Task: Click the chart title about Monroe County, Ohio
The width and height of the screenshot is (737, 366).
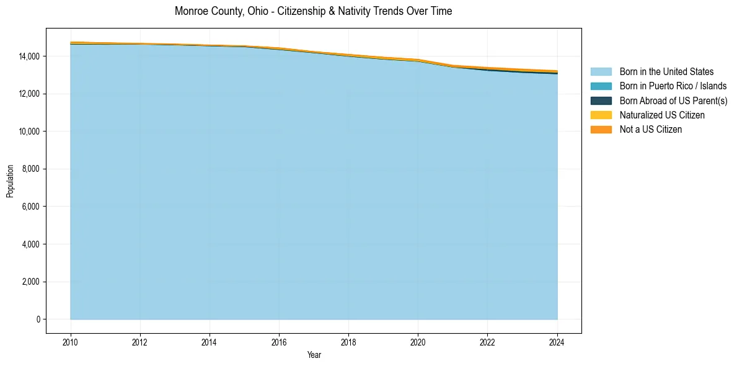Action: click(x=313, y=11)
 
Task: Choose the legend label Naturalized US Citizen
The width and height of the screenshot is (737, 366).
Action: click(x=662, y=115)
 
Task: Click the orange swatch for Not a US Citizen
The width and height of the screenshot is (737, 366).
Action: click(x=601, y=130)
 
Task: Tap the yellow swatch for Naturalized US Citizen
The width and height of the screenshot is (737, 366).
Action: click(x=601, y=115)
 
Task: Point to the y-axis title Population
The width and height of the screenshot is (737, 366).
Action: click(x=10, y=181)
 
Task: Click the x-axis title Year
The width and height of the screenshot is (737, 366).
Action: click(x=314, y=355)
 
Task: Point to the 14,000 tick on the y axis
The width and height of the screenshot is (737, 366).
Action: click(x=29, y=56)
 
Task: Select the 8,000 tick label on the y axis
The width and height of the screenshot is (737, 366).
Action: click(x=31, y=169)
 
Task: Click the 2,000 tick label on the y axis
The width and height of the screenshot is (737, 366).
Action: click(x=31, y=282)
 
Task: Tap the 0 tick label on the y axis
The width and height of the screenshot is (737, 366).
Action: click(x=38, y=319)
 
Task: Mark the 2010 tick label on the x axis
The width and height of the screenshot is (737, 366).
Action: click(x=71, y=342)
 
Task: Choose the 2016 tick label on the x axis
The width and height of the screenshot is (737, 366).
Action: click(x=279, y=342)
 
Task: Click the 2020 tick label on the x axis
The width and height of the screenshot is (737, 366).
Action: click(x=418, y=342)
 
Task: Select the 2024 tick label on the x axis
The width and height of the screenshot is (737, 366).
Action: click(x=557, y=342)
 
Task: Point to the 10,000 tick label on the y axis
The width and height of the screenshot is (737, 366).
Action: click(x=29, y=132)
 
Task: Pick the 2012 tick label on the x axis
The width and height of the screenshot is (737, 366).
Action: click(x=140, y=342)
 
